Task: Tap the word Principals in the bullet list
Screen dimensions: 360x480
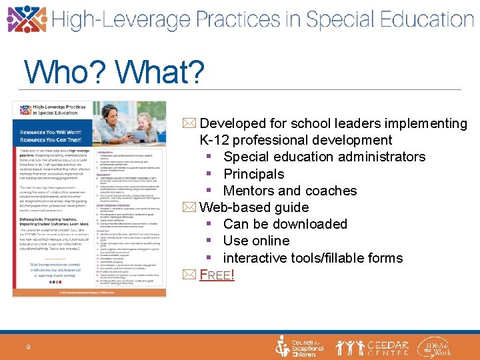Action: tap(253, 174)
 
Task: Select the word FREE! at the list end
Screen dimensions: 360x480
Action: tap(217, 274)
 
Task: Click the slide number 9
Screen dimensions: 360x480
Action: tap(28, 347)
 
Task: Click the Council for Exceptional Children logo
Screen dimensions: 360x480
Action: tap(300, 347)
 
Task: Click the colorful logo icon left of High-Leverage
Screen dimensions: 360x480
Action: tap(27, 19)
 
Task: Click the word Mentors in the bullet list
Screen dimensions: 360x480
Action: tap(250, 191)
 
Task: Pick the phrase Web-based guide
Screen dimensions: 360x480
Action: tap(254, 207)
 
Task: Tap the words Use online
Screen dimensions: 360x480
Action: tap(256, 241)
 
